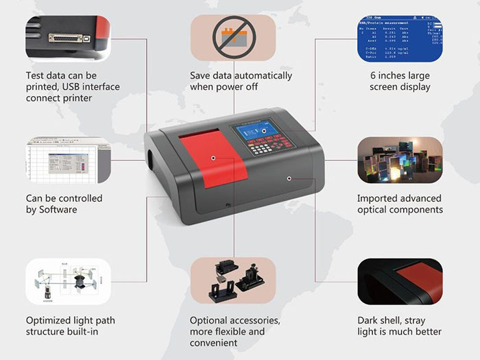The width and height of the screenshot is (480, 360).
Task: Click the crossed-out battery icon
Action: (233, 38)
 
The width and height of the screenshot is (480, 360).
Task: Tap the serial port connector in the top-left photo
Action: (69, 38)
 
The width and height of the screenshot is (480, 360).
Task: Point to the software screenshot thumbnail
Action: (68, 160)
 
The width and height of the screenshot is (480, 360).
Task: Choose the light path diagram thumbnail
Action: (68, 281)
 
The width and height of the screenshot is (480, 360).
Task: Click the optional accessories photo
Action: (233, 281)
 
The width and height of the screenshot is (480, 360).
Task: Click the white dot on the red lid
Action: (214, 158)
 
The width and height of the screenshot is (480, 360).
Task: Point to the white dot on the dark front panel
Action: (289, 178)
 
